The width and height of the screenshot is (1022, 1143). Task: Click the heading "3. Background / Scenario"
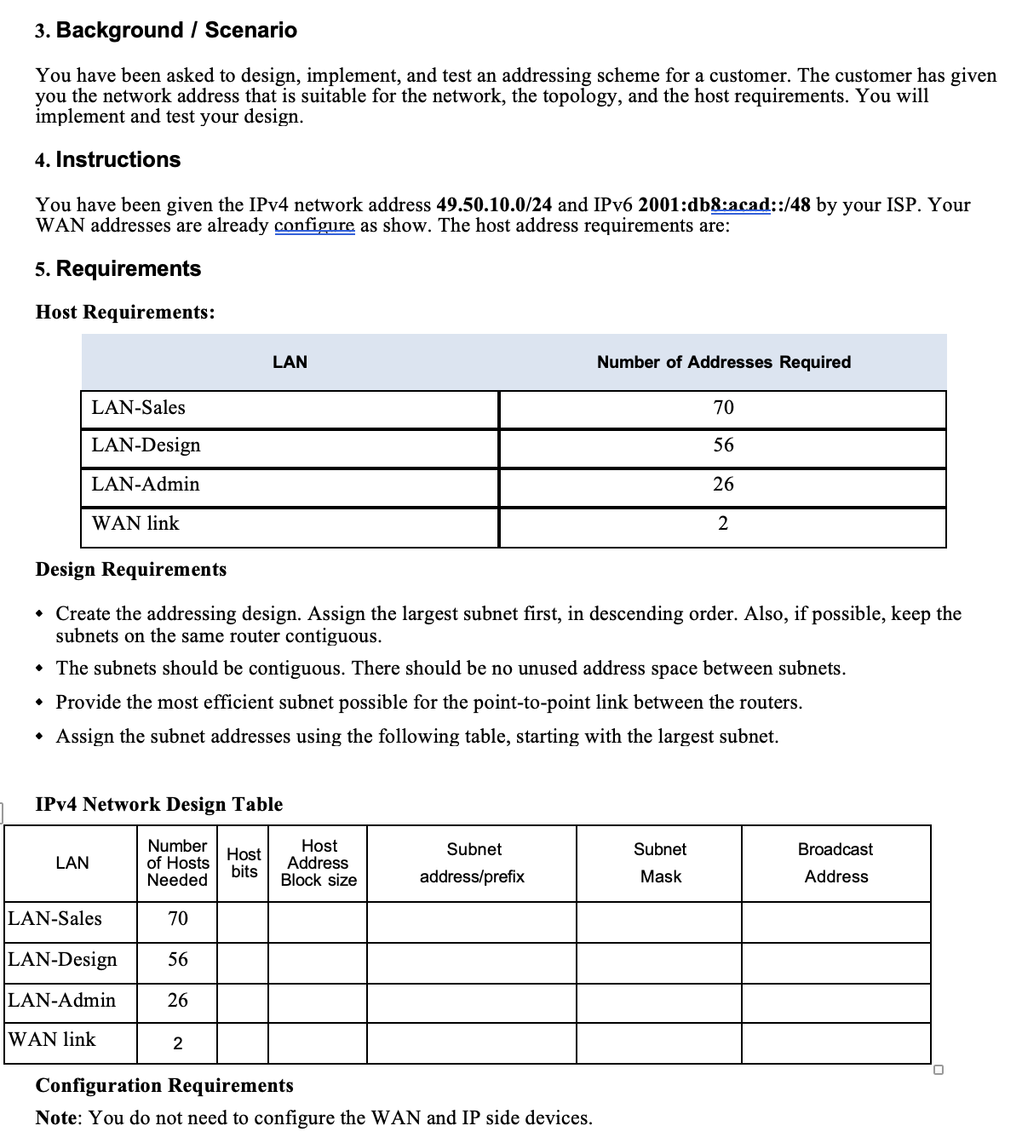(166, 31)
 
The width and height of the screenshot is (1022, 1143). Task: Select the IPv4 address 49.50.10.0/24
(494, 205)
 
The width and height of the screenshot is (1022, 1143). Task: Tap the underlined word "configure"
(314, 226)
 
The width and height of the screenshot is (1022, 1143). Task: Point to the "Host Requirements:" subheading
(125, 312)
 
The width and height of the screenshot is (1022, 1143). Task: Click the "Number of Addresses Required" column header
(723, 362)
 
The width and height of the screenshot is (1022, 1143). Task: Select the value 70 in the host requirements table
(723, 408)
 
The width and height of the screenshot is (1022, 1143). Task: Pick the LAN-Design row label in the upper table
(146, 445)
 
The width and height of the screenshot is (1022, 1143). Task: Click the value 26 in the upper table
(723, 485)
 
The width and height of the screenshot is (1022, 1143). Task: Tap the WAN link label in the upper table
(135, 524)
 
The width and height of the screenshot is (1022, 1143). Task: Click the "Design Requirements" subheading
(131, 569)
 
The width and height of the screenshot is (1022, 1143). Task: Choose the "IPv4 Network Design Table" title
(159, 804)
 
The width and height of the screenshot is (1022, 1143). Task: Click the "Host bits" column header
(244, 862)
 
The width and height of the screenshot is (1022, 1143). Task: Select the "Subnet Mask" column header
(659, 863)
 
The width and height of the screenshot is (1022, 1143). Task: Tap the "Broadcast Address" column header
(835, 863)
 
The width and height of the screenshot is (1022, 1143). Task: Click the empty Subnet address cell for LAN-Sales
(471, 922)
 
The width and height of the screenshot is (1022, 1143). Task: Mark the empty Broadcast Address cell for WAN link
(835, 1042)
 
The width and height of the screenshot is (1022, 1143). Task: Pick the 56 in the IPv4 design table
(177, 960)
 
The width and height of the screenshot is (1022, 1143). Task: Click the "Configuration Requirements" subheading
(164, 1085)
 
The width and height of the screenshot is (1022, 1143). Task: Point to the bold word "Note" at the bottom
(56, 1117)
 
